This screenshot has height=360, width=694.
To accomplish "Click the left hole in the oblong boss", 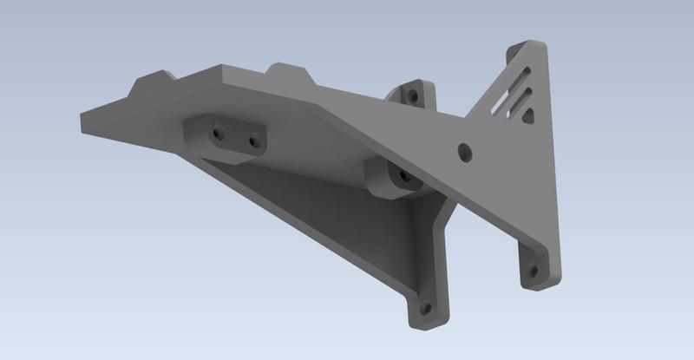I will [217, 134].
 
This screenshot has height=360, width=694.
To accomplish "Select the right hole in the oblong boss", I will [253, 141].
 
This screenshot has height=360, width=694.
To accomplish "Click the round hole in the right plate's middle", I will [465, 150].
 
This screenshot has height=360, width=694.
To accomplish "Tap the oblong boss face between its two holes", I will [235, 138].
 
